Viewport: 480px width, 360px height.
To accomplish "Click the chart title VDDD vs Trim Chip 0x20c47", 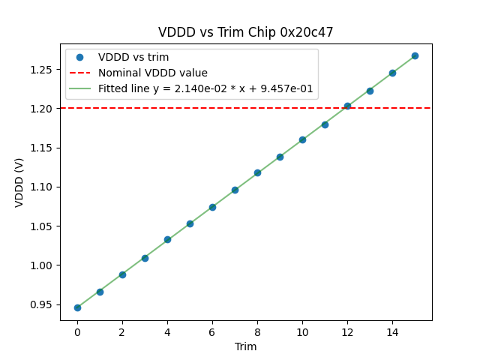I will pos(245,32).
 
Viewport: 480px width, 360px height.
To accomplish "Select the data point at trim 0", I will pos(77,307).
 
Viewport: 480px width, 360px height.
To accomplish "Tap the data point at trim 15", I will pos(415,55).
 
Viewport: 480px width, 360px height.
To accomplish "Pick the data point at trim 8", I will pos(257,172).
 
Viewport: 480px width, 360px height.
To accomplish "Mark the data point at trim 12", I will pos(347,106).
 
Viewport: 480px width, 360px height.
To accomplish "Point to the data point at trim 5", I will pos(190,223).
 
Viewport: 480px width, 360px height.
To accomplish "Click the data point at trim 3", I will pos(145,258).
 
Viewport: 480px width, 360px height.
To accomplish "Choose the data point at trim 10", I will pos(302,139).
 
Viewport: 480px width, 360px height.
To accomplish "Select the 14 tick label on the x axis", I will pos(392,331).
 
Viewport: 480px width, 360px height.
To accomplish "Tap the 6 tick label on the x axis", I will pos(212,331).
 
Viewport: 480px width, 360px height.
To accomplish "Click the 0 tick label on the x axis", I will pos(77,331).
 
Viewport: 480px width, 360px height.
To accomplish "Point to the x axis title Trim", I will pos(245,346).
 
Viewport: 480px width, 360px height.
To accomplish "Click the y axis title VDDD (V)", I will pos(20,181).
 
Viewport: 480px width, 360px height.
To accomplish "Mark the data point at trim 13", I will pos(370,91).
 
